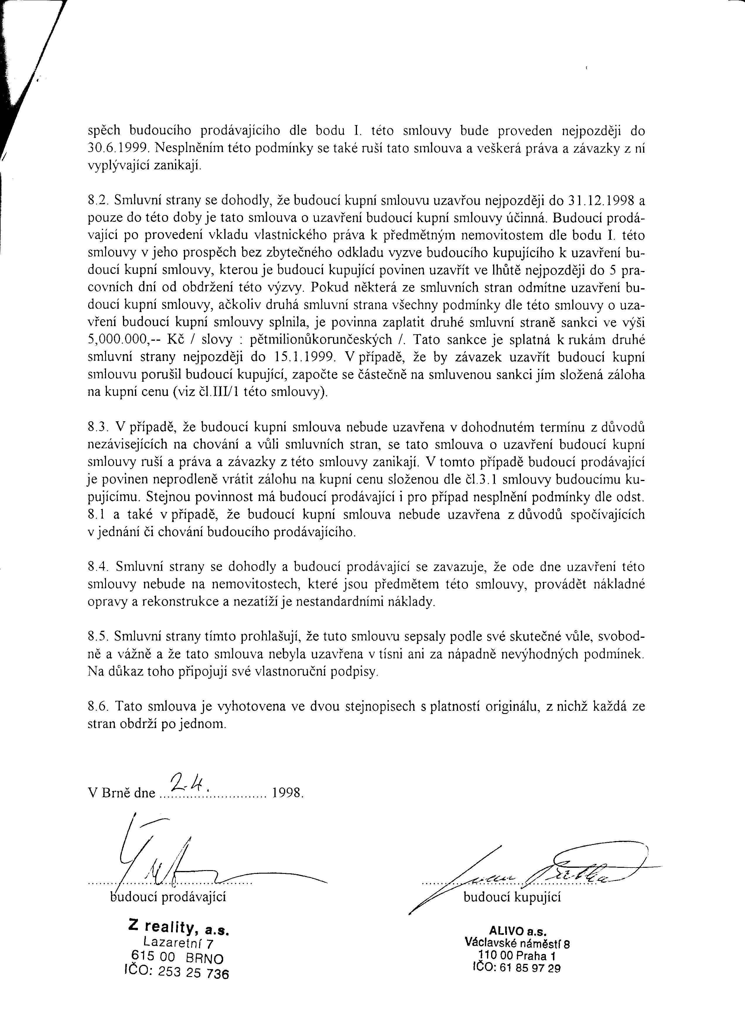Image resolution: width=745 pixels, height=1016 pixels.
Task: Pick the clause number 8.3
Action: [x=98, y=427]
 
